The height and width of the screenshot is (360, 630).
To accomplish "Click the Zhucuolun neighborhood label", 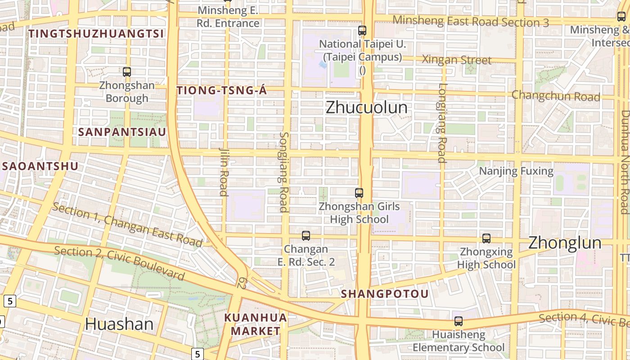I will coord(366,108).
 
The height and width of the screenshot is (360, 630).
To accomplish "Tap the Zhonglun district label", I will coord(564,243).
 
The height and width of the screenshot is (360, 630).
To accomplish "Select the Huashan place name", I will coord(119,324).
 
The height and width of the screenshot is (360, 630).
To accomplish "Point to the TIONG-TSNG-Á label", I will coord(222,90).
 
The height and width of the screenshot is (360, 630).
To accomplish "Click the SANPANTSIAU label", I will coord(122,132).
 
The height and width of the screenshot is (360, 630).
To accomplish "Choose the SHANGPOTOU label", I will coord(385,294).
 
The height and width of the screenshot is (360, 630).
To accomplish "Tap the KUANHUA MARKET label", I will coord(256,324).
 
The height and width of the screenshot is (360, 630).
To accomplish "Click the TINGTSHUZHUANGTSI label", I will coord(96,33).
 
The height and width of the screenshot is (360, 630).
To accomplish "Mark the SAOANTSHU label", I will coord(40,166).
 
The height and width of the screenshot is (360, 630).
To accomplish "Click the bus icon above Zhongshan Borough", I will coord(127,72).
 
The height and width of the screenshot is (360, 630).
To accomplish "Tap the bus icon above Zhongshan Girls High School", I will coord(359,193).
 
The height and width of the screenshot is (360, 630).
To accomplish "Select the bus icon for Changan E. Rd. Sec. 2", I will coord(306,235).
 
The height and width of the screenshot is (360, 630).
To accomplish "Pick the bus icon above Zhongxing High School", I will coord(486,238).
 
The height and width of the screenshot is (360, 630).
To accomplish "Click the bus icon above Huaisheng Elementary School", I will coord(459,321).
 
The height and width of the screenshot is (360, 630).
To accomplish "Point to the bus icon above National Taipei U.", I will coord(362,31).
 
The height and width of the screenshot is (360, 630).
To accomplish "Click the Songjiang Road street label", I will coord(283,172).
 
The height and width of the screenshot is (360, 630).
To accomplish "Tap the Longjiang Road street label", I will coord(442,122).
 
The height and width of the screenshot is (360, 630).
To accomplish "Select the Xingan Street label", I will coord(457,60).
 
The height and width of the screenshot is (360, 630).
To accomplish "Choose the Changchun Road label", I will coord(556,96).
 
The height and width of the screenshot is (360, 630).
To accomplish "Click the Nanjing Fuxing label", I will coord(516,171).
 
